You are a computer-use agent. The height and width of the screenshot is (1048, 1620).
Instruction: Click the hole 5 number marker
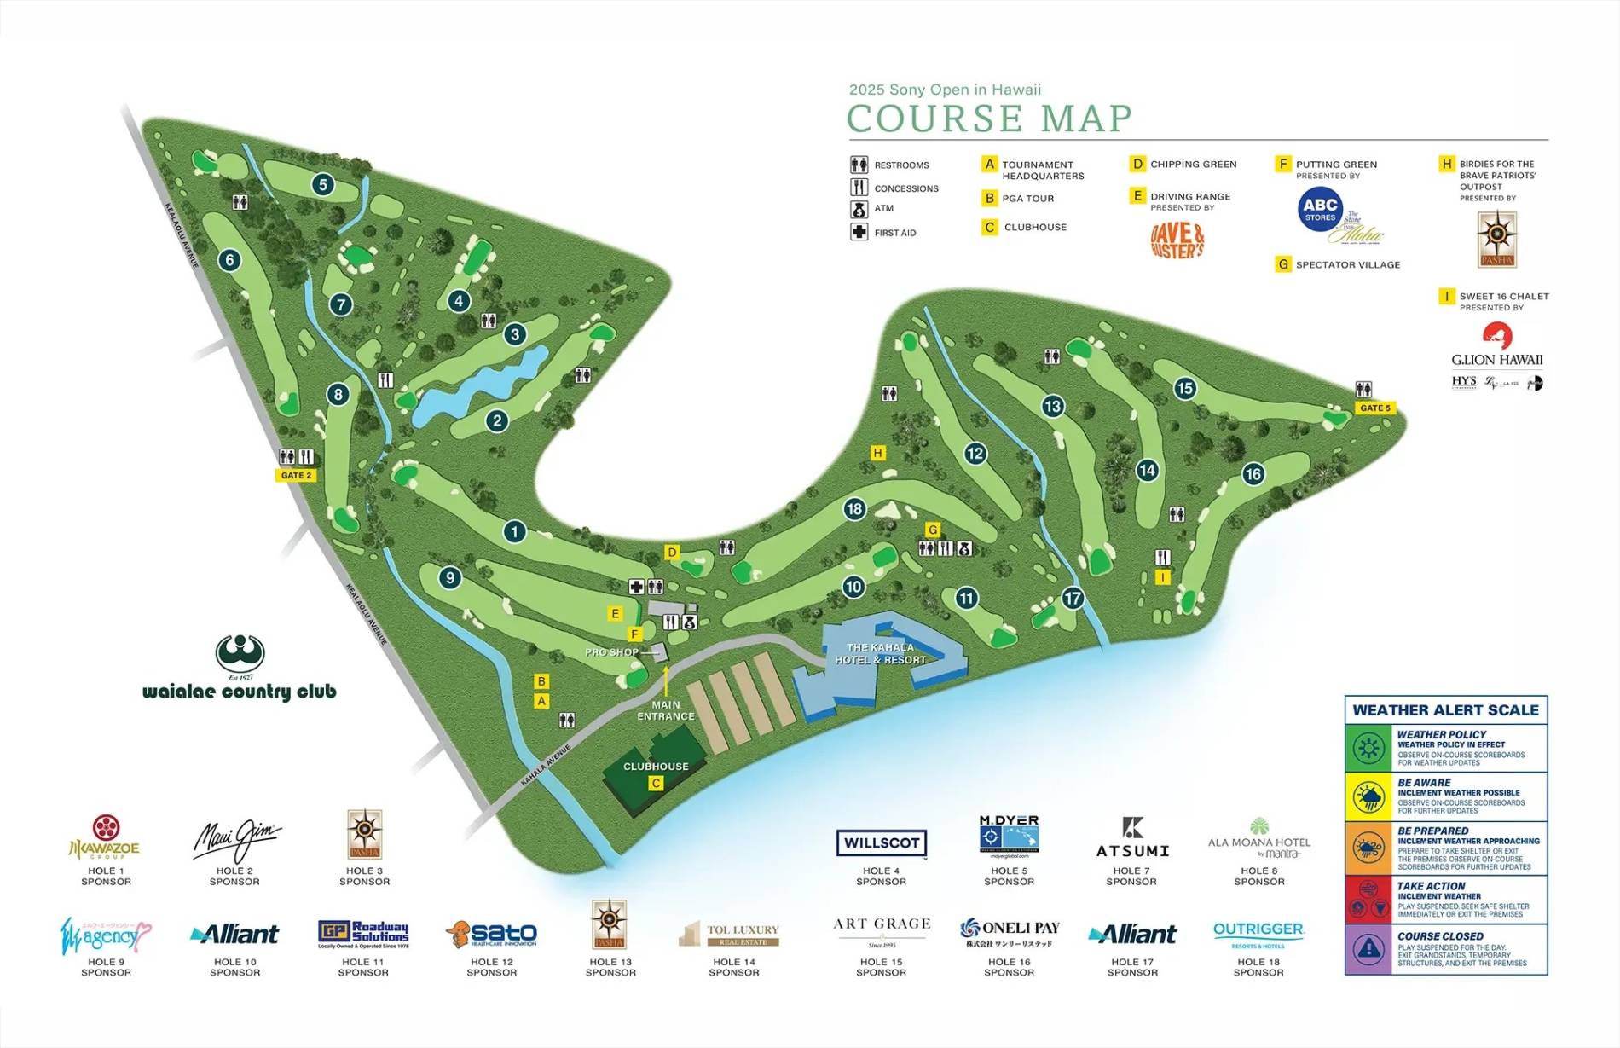point(322,184)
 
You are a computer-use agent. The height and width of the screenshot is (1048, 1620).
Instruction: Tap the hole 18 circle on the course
point(854,509)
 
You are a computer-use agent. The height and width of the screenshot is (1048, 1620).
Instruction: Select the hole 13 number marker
point(1052,406)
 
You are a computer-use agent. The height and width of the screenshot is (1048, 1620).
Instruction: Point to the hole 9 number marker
point(450,578)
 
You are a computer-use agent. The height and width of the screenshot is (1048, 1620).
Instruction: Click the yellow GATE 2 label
point(296,475)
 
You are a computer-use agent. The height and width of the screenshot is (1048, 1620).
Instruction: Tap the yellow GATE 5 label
point(1374,408)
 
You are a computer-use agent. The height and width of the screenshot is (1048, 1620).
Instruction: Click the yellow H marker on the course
point(877,453)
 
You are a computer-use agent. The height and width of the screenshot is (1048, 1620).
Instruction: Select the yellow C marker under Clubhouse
point(656,783)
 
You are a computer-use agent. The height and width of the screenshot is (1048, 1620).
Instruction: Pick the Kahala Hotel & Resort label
point(880,654)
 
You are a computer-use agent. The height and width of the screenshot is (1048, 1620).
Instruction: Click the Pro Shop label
point(611,652)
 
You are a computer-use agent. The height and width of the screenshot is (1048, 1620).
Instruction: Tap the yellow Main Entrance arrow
point(666,681)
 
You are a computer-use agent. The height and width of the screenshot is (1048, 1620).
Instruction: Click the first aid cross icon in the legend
point(859,232)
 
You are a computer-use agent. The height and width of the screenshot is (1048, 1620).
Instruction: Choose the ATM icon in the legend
point(859,209)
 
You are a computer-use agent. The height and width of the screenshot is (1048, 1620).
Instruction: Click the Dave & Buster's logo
point(1177,240)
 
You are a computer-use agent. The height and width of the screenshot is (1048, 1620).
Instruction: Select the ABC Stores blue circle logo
point(1320,209)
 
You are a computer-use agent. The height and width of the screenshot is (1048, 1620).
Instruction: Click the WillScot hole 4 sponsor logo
point(881,842)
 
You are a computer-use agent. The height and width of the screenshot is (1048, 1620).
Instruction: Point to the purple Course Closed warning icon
point(1368,949)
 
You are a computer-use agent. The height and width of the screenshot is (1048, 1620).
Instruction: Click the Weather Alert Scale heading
point(1445,709)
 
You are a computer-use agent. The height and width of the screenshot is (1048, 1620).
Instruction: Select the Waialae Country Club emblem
point(240,654)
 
